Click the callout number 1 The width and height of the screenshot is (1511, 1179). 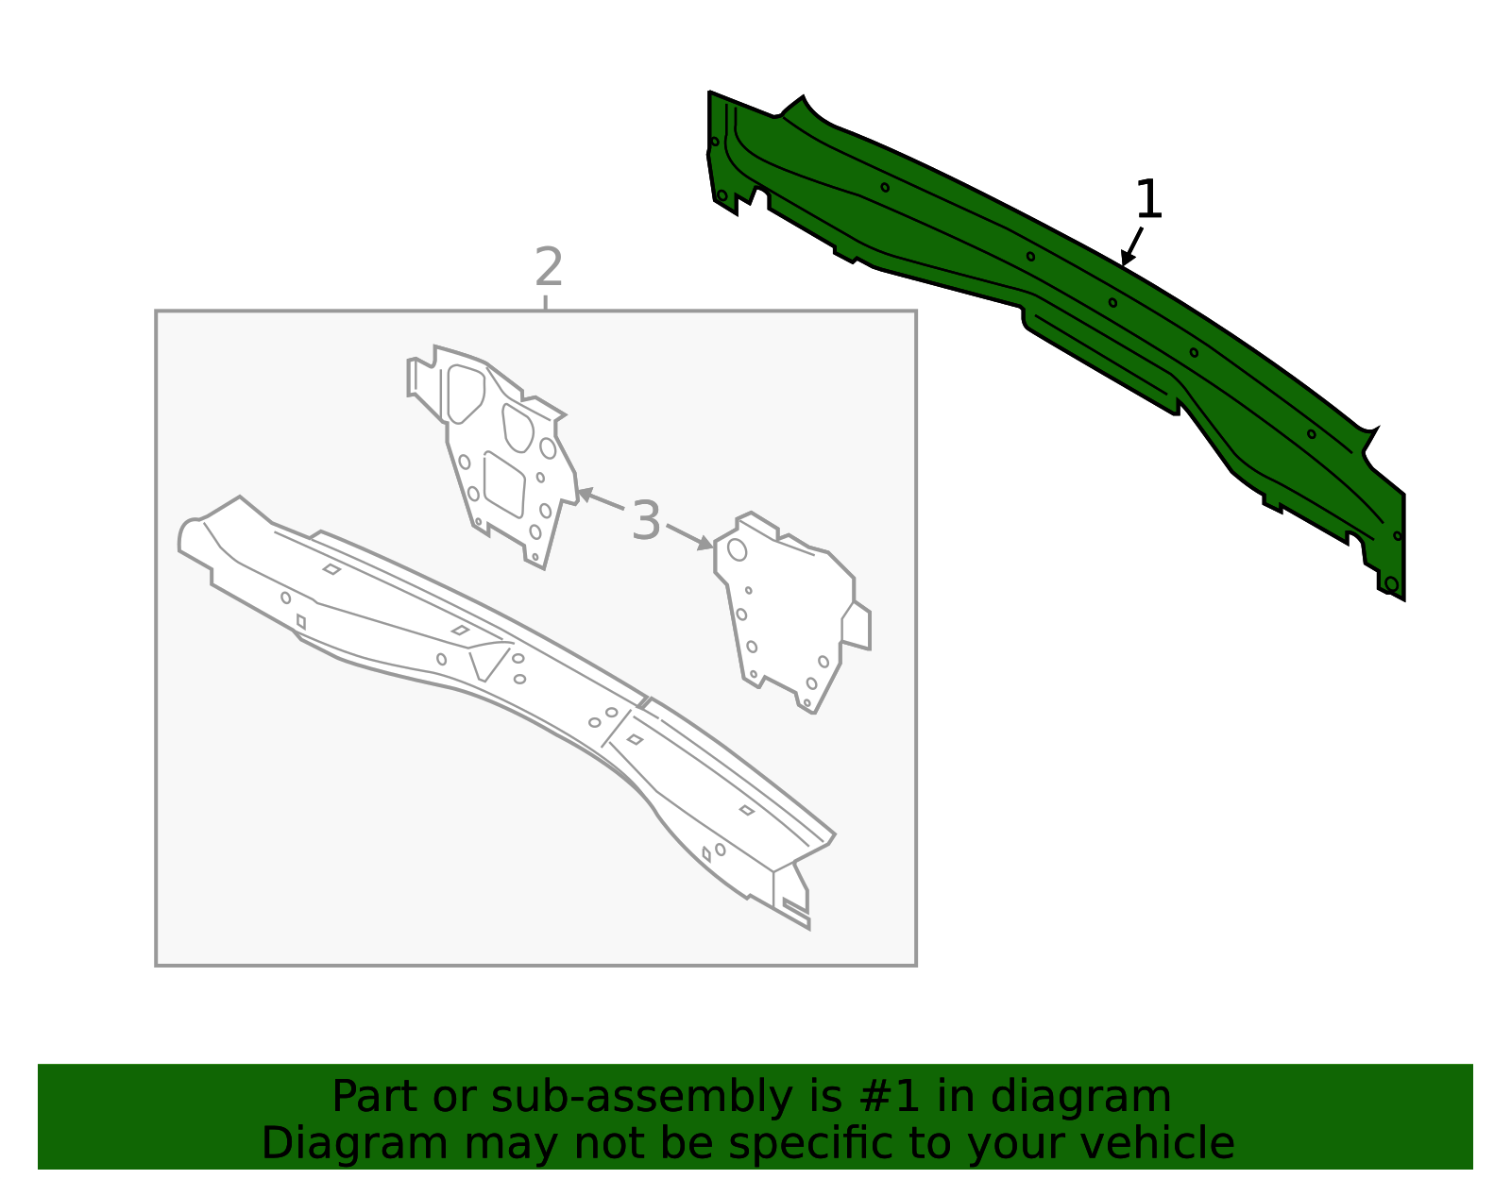(1148, 199)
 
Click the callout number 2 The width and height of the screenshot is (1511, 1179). (549, 267)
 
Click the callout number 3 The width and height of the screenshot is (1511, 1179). (646, 520)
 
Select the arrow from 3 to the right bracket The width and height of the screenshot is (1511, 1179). (690, 537)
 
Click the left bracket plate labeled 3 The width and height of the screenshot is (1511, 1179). (495, 457)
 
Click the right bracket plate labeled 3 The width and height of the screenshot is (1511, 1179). (790, 613)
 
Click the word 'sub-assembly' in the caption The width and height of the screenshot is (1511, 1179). (641, 1097)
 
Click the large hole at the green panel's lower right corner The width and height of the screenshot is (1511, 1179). (1391, 584)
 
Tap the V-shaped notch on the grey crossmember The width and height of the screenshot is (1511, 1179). (488, 663)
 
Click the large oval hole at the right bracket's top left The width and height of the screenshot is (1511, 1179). (737, 549)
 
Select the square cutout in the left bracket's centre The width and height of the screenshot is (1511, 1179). (504, 484)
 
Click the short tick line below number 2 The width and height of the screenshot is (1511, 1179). (546, 302)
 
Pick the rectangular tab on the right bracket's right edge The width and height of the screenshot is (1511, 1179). (857, 626)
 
